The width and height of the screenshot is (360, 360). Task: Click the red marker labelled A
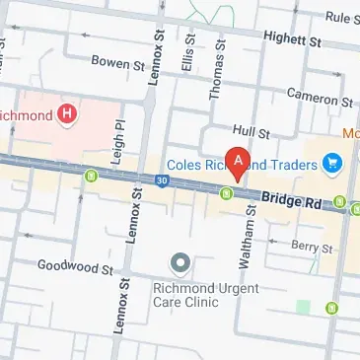(237, 160)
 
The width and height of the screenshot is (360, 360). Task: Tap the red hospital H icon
(67, 114)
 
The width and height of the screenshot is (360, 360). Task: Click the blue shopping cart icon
(332, 162)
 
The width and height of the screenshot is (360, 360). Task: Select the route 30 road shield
(162, 179)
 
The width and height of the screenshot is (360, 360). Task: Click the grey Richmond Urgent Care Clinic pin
(180, 263)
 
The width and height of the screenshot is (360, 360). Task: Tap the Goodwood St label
(68, 264)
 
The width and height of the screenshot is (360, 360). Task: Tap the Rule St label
(341, 17)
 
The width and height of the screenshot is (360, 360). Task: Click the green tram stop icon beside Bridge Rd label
(227, 193)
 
